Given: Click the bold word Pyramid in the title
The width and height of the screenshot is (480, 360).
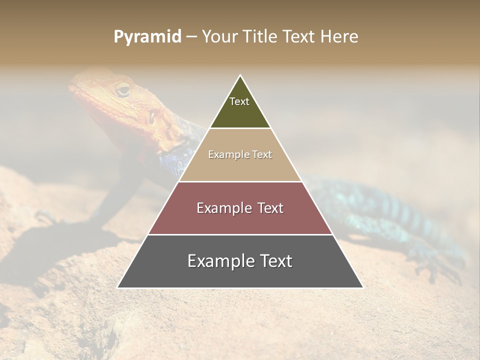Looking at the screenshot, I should [147, 37].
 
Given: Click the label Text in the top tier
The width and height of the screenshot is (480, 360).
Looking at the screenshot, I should [239, 101].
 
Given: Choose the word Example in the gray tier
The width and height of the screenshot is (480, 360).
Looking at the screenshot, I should [218, 261].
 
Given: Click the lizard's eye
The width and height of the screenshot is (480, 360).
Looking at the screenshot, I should [122, 90].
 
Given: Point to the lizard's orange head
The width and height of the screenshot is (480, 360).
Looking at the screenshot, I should [115, 100].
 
